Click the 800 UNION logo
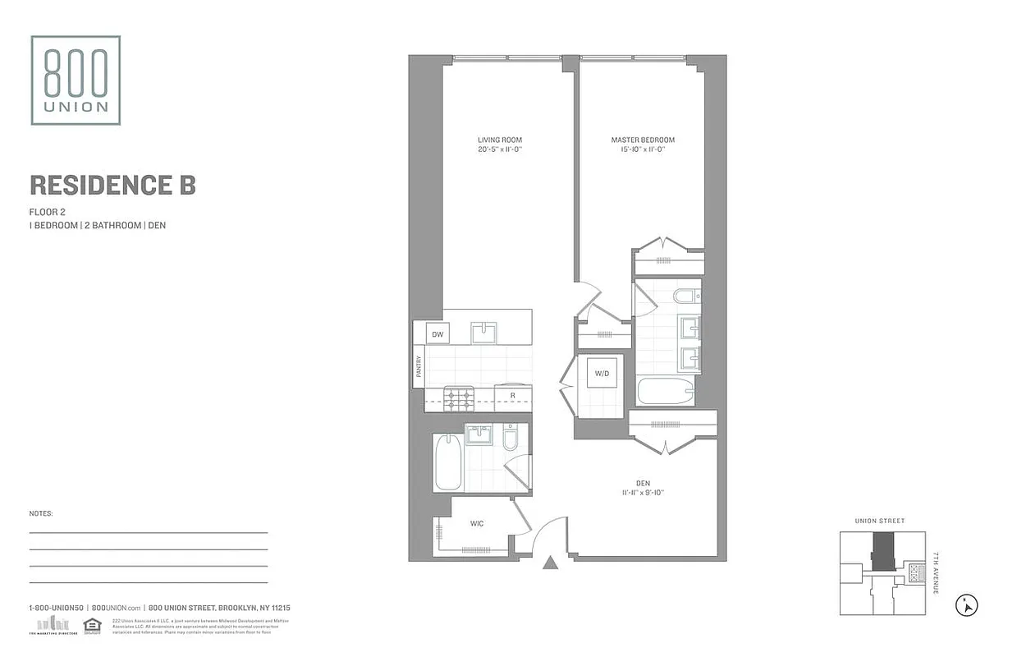76,80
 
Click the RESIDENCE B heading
112,185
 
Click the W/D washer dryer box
602,374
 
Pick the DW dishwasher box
437,334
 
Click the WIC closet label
476,523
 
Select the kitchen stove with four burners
459,399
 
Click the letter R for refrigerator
512,396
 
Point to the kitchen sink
483,333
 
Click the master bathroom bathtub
665,391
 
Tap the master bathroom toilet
684,296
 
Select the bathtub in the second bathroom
447,462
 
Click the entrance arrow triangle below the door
551,563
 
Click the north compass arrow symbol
968,606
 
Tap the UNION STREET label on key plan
879,521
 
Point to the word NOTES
41,513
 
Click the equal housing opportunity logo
92,625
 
